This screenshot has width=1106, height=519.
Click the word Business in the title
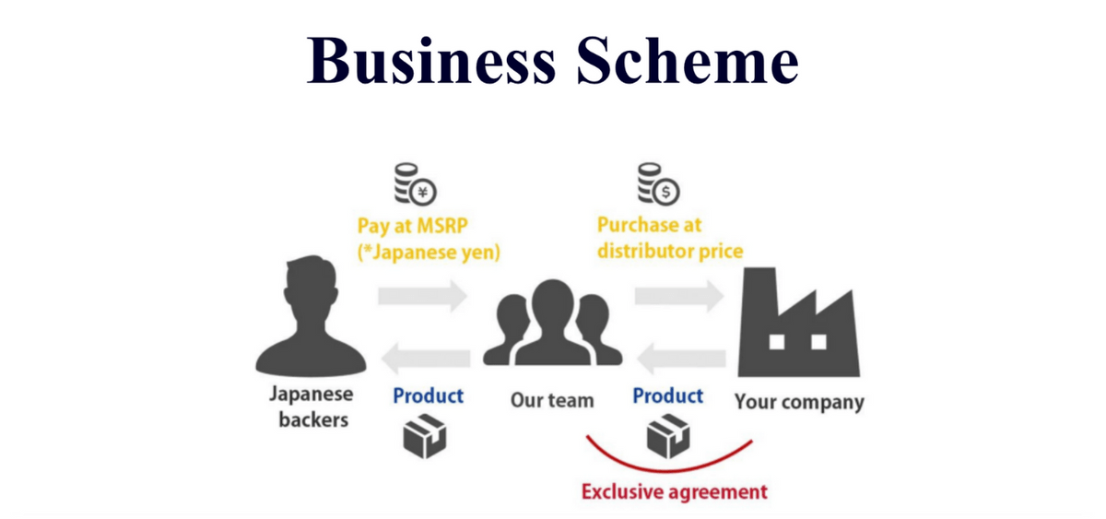[x=432, y=60]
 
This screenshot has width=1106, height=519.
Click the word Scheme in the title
[x=688, y=60]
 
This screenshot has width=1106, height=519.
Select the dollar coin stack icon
[x=657, y=183]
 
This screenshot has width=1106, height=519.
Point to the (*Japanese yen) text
[x=428, y=252]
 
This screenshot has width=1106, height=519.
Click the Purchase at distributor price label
[x=669, y=238]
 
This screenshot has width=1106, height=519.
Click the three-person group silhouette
[x=549, y=324]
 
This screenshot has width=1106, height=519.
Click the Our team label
[x=552, y=401]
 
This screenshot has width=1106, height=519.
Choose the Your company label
[x=799, y=402]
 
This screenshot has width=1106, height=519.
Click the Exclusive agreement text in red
[x=674, y=490]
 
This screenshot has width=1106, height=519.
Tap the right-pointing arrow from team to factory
[x=678, y=294]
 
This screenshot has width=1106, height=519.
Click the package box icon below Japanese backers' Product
[x=426, y=435]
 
